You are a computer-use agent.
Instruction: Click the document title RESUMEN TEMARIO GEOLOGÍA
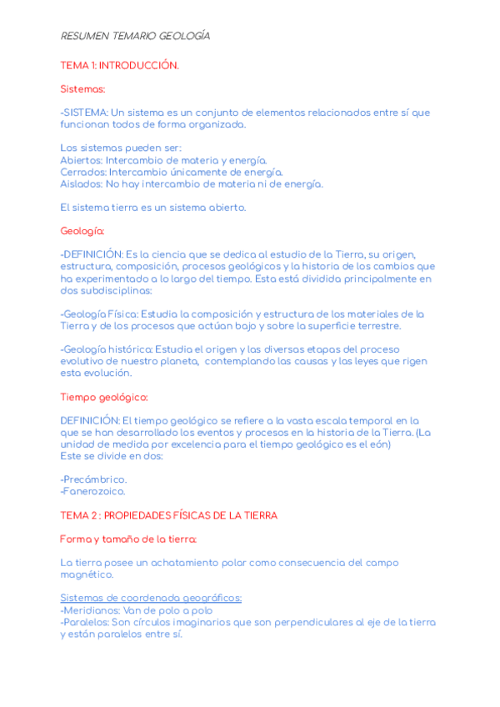coord(135,37)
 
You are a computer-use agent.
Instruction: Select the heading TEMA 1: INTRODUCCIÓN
coord(119,65)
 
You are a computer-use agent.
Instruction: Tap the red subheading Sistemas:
coord(82,88)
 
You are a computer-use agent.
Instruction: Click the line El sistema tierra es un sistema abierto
coord(153,207)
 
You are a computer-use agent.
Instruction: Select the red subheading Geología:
coord(82,231)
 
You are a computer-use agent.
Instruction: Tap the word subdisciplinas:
coord(107,290)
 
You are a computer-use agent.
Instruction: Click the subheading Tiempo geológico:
coord(104,397)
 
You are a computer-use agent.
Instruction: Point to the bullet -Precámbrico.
coord(94,479)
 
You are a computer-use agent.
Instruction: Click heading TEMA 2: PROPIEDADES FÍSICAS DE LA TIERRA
coord(169,515)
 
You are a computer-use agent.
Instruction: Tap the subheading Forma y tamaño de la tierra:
coord(128,539)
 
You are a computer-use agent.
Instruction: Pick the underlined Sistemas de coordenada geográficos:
coord(152,598)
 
